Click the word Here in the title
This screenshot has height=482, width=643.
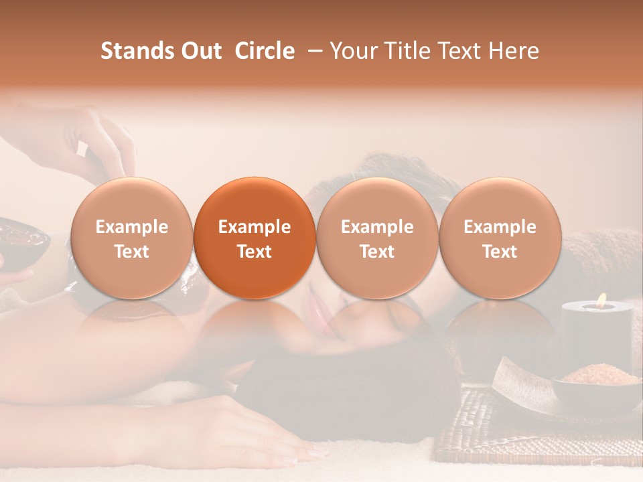coord(513,51)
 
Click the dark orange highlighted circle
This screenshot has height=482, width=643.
coord(254,238)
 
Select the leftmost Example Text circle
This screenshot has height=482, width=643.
coord(131,238)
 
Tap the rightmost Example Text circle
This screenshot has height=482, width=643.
coord(500,238)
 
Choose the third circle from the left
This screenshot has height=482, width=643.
coord(377,238)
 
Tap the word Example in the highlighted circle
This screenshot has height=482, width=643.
coord(254,227)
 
